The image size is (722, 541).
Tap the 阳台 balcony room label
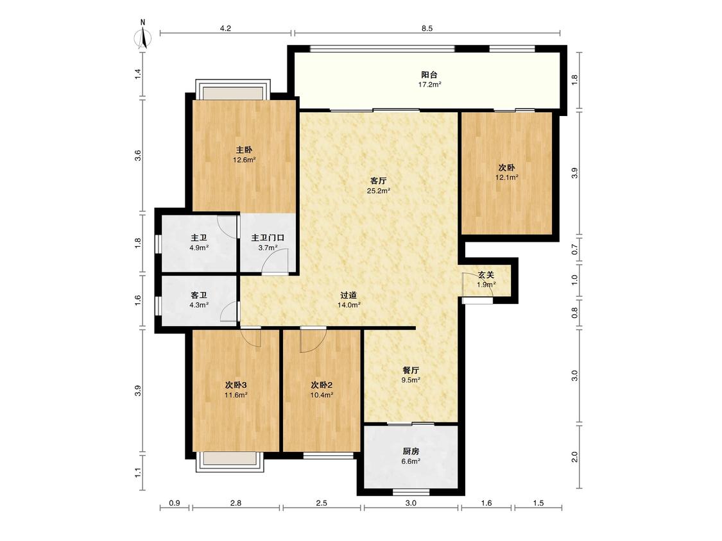(429, 74)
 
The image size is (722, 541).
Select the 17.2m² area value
(429, 85)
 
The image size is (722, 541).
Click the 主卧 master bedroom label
(244, 150)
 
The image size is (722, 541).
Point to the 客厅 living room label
(379, 180)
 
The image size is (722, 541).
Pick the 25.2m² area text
(379, 190)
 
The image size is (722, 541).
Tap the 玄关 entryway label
(486, 274)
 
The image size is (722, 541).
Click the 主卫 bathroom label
(199, 238)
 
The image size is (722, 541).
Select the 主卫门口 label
(268, 238)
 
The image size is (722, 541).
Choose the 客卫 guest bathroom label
(199, 295)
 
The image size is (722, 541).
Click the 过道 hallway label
(348, 295)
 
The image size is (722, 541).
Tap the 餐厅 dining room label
(411, 370)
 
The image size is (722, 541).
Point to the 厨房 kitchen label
(411, 451)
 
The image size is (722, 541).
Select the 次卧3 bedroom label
(236, 385)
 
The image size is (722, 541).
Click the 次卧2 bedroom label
(322, 385)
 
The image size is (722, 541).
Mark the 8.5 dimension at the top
(427, 28)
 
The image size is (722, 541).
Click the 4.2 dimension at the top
(225, 28)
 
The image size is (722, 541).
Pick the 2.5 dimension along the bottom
(322, 503)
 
